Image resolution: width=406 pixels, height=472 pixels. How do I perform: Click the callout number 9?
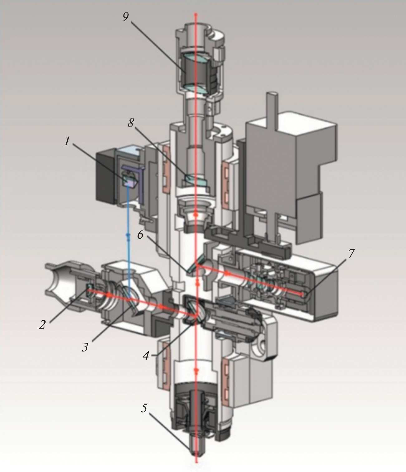tap(126, 17)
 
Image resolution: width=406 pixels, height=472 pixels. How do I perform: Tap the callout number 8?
tap(131, 123)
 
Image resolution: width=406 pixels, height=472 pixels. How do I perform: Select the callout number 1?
tap(66, 141)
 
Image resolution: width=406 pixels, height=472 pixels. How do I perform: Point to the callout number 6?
tap(140, 235)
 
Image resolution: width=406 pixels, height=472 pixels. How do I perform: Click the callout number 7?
tap(351, 254)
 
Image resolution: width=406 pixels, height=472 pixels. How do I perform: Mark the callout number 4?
tap(146, 355)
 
